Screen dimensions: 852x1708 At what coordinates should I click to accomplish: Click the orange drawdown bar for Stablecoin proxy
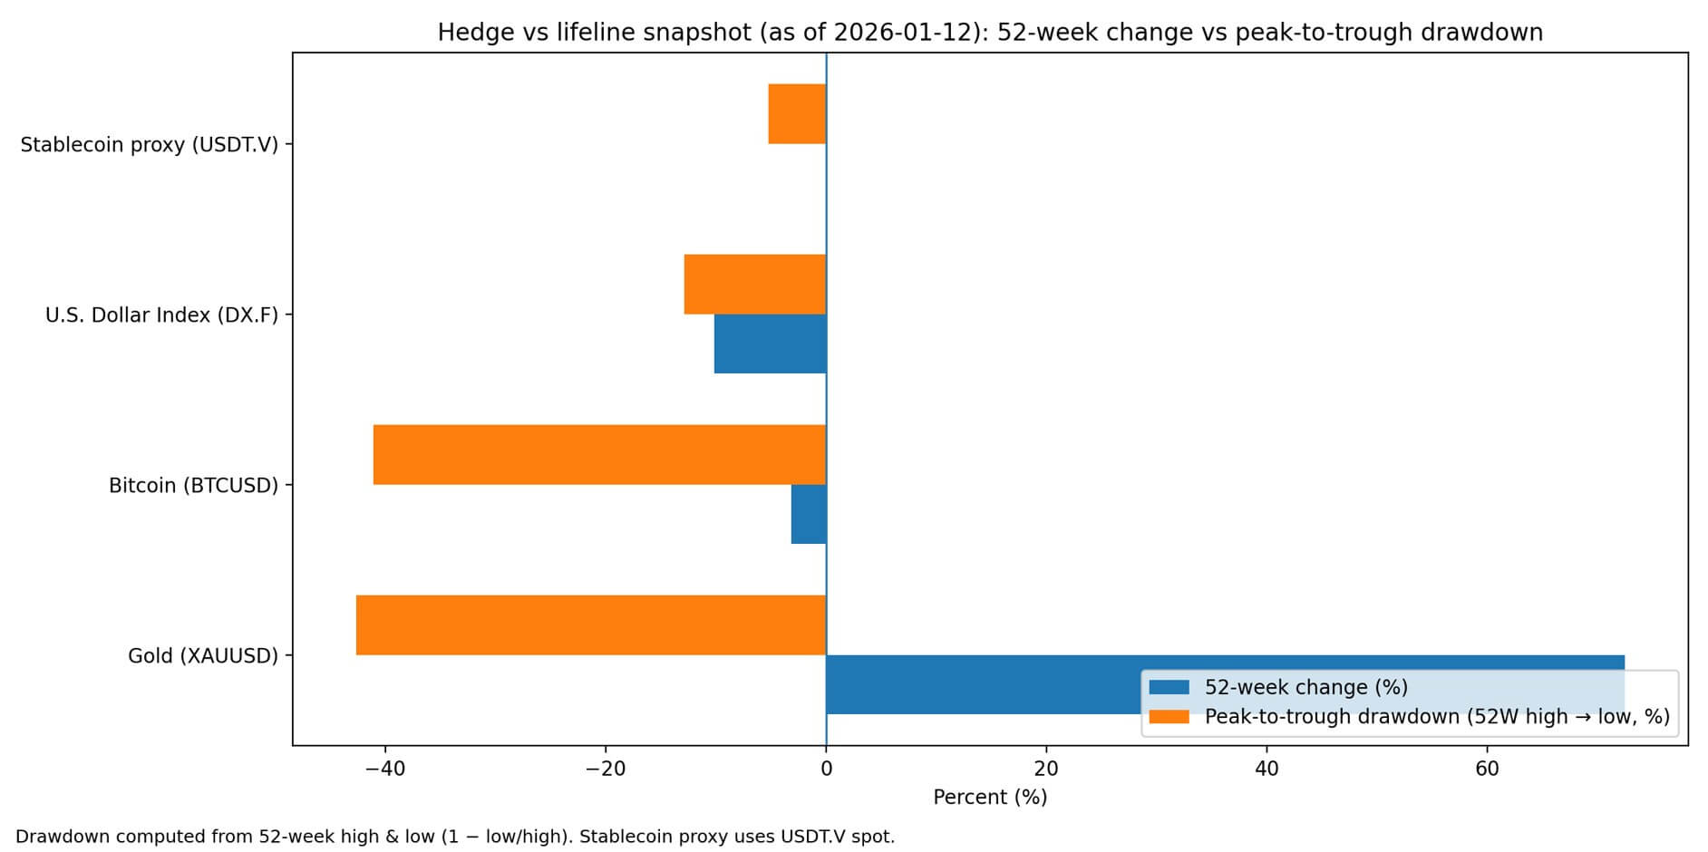pyautogui.click(x=797, y=113)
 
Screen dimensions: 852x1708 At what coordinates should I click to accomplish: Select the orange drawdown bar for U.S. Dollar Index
pyautogui.click(x=754, y=284)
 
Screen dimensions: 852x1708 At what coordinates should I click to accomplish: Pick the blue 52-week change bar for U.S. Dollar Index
pyautogui.click(x=770, y=344)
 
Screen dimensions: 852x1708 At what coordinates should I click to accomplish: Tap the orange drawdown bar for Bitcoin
pyautogui.click(x=599, y=454)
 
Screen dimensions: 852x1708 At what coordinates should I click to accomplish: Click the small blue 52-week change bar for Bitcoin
pyautogui.click(x=808, y=514)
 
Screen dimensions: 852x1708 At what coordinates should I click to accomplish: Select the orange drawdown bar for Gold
pyautogui.click(x=590, y=624)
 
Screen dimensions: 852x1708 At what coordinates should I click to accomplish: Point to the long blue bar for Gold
pyautogui.click(x=979, y=684)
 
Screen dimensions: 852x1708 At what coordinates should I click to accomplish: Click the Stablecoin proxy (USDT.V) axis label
pyautogui.click(x=149, y=145)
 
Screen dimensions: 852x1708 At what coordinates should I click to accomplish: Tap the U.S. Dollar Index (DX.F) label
pyautogui.click(x=161, y=315)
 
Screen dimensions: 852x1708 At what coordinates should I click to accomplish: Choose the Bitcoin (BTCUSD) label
pyautogui.click(x=193, y=486)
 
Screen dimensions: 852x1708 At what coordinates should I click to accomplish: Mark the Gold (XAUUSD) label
pyautogui.click(x=202, y=656)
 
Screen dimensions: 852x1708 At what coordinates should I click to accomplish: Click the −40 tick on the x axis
pyautogui.click(x=384, y=770)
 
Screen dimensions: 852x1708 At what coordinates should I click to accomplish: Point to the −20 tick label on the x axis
pyautogui.click(x=605, y=770)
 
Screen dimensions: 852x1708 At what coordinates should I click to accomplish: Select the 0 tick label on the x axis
pyautogui.click(x=826, y=770)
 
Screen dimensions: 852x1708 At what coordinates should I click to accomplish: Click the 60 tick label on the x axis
pyautogui.click(x=1487, y=770)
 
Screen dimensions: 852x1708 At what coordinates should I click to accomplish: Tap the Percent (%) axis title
pyautogui.click(x=990, y=798)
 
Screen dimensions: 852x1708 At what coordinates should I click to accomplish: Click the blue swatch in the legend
pyautogui.click(x=1169, y=687)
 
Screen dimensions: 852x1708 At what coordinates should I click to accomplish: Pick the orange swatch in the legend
pyautogui.click(x=1169, y=717)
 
